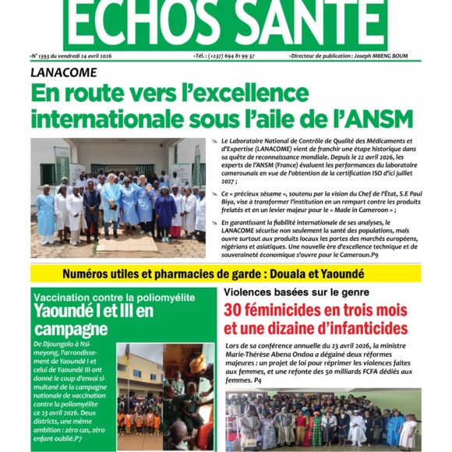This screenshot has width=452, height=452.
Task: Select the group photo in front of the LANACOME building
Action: click(x=118, y=198)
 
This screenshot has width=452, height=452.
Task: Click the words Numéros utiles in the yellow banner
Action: click(x=102, y=274)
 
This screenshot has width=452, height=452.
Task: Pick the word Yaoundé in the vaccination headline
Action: click(x=67, y=311)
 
